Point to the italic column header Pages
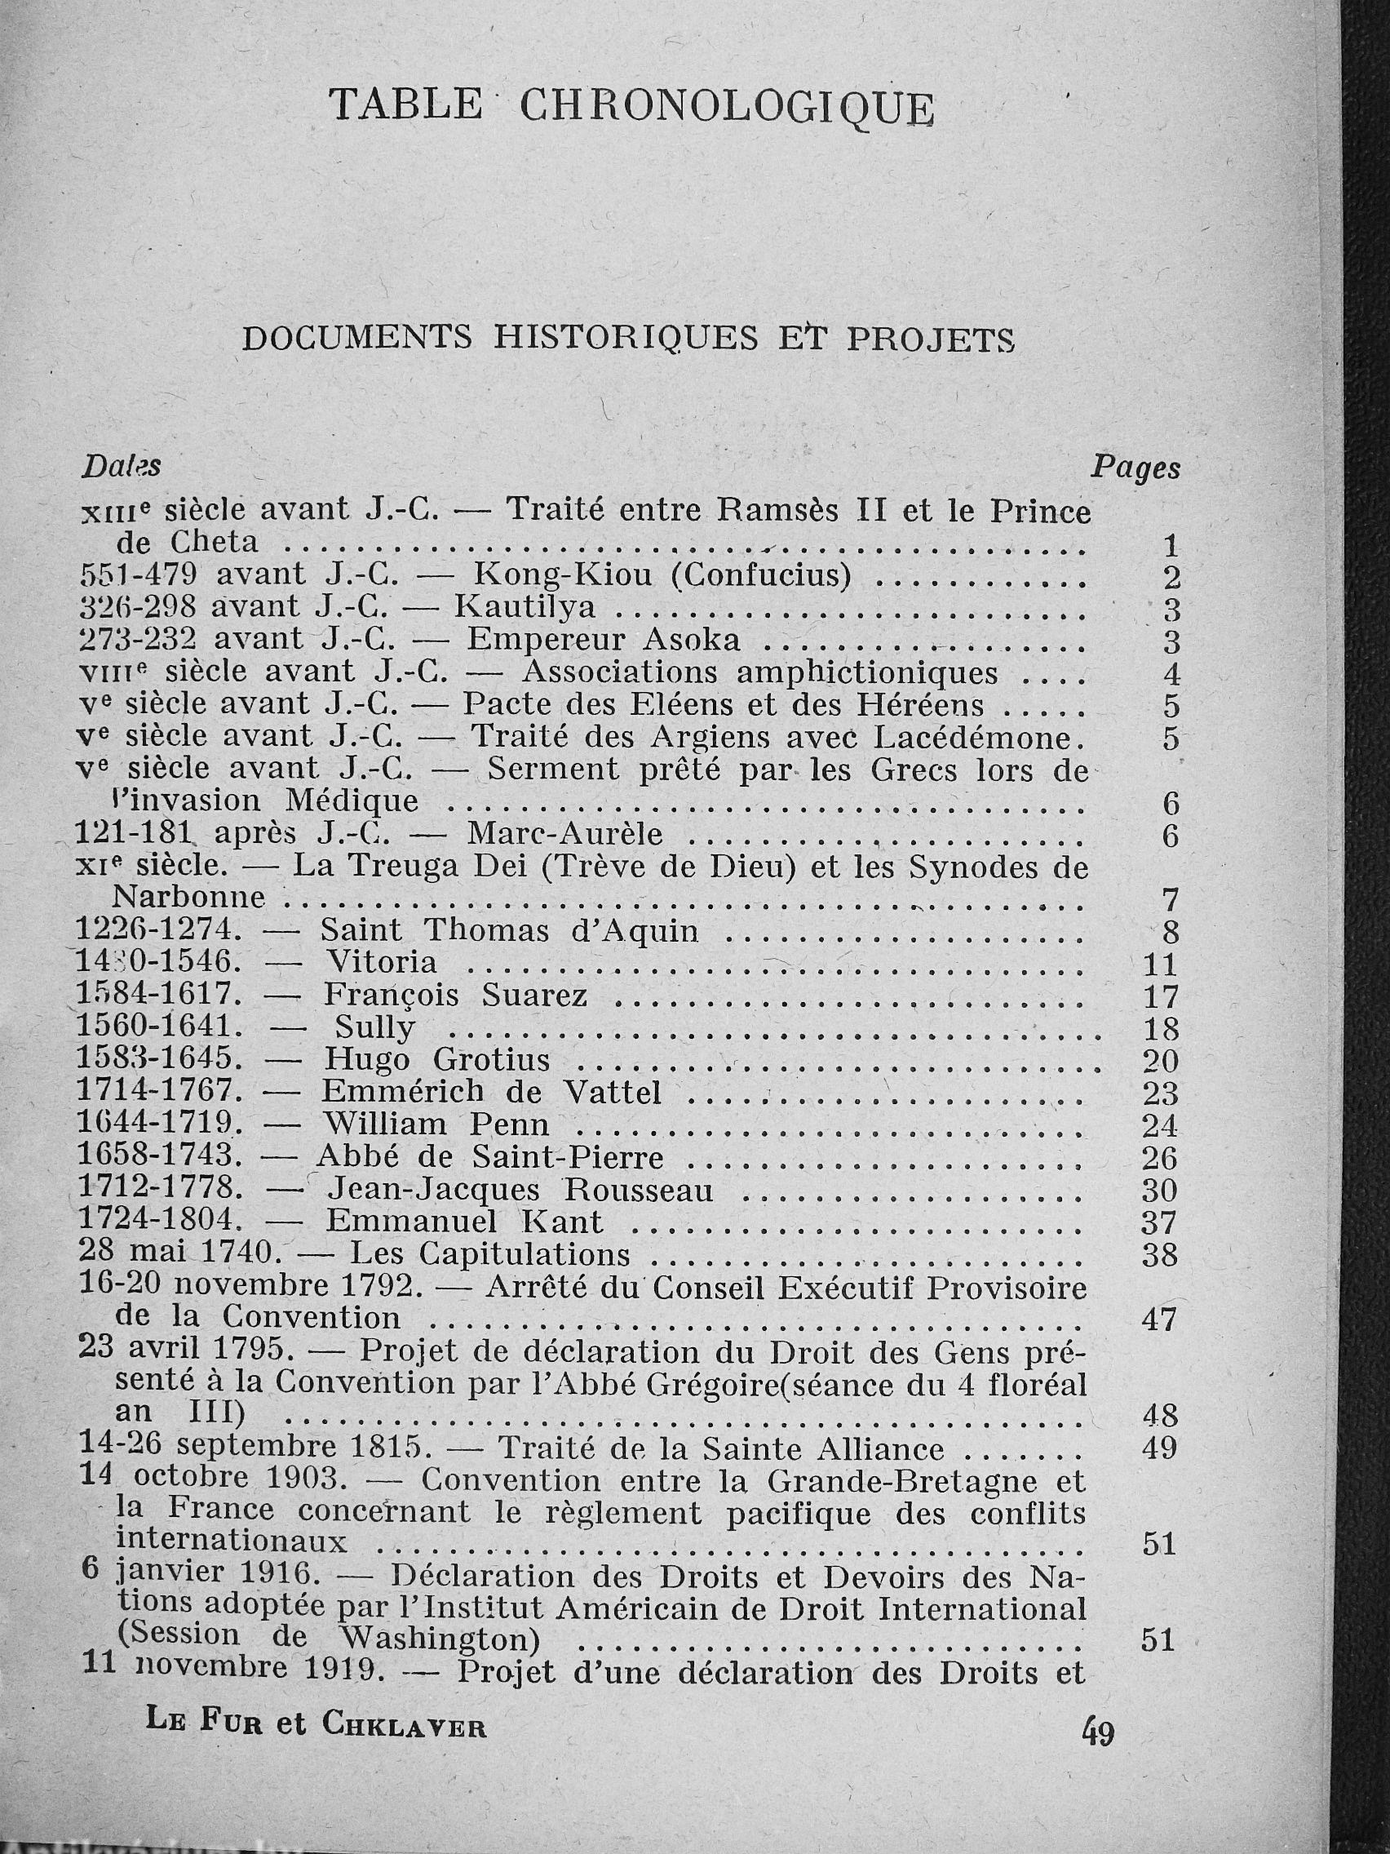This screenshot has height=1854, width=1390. pyautogui.click(x=1135, y=468)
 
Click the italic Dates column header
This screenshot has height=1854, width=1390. pyautogui.click(x=121, y=466)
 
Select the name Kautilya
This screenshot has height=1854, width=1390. pyautogui.click(x=525, y=607)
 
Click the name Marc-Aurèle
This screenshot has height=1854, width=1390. pyautogui.click(x=564, y=834)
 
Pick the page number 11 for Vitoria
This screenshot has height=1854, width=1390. pyautogui.click(x=1161, y=965)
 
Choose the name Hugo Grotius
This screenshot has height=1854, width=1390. pyautogui.click(x=436, y=1060)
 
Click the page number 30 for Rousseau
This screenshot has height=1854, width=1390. pyautogui.click(x=1160, y=1191)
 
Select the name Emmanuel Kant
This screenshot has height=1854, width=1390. pyautogui.click(x=464, y=1222)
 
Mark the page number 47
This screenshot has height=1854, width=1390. pyautogui.click(x=1160, y=1320)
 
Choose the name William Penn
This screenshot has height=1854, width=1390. pyautogui.click(x=436, y=1124)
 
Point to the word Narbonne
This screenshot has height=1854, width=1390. pyautogui.click(x=188, y=898)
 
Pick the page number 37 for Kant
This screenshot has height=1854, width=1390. pyautogui.click(x=1160, y=1223)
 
